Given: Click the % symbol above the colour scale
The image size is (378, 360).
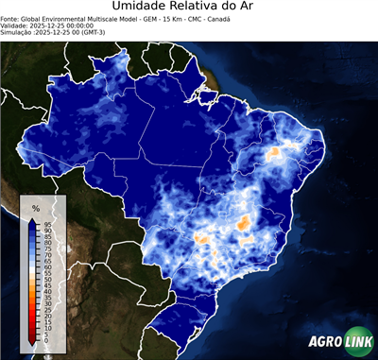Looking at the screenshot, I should click(35, 207).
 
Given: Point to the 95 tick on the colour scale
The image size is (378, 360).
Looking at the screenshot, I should click(47, 223).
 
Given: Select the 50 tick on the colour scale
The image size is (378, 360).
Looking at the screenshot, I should click(47, 279).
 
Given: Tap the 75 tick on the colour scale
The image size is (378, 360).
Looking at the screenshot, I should click(47, 248).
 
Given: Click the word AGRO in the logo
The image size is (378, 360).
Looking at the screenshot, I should click(324, 342).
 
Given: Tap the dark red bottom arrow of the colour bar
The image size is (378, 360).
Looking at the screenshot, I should click(33, 337).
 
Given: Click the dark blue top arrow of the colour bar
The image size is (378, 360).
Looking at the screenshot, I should click(33, 222).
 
